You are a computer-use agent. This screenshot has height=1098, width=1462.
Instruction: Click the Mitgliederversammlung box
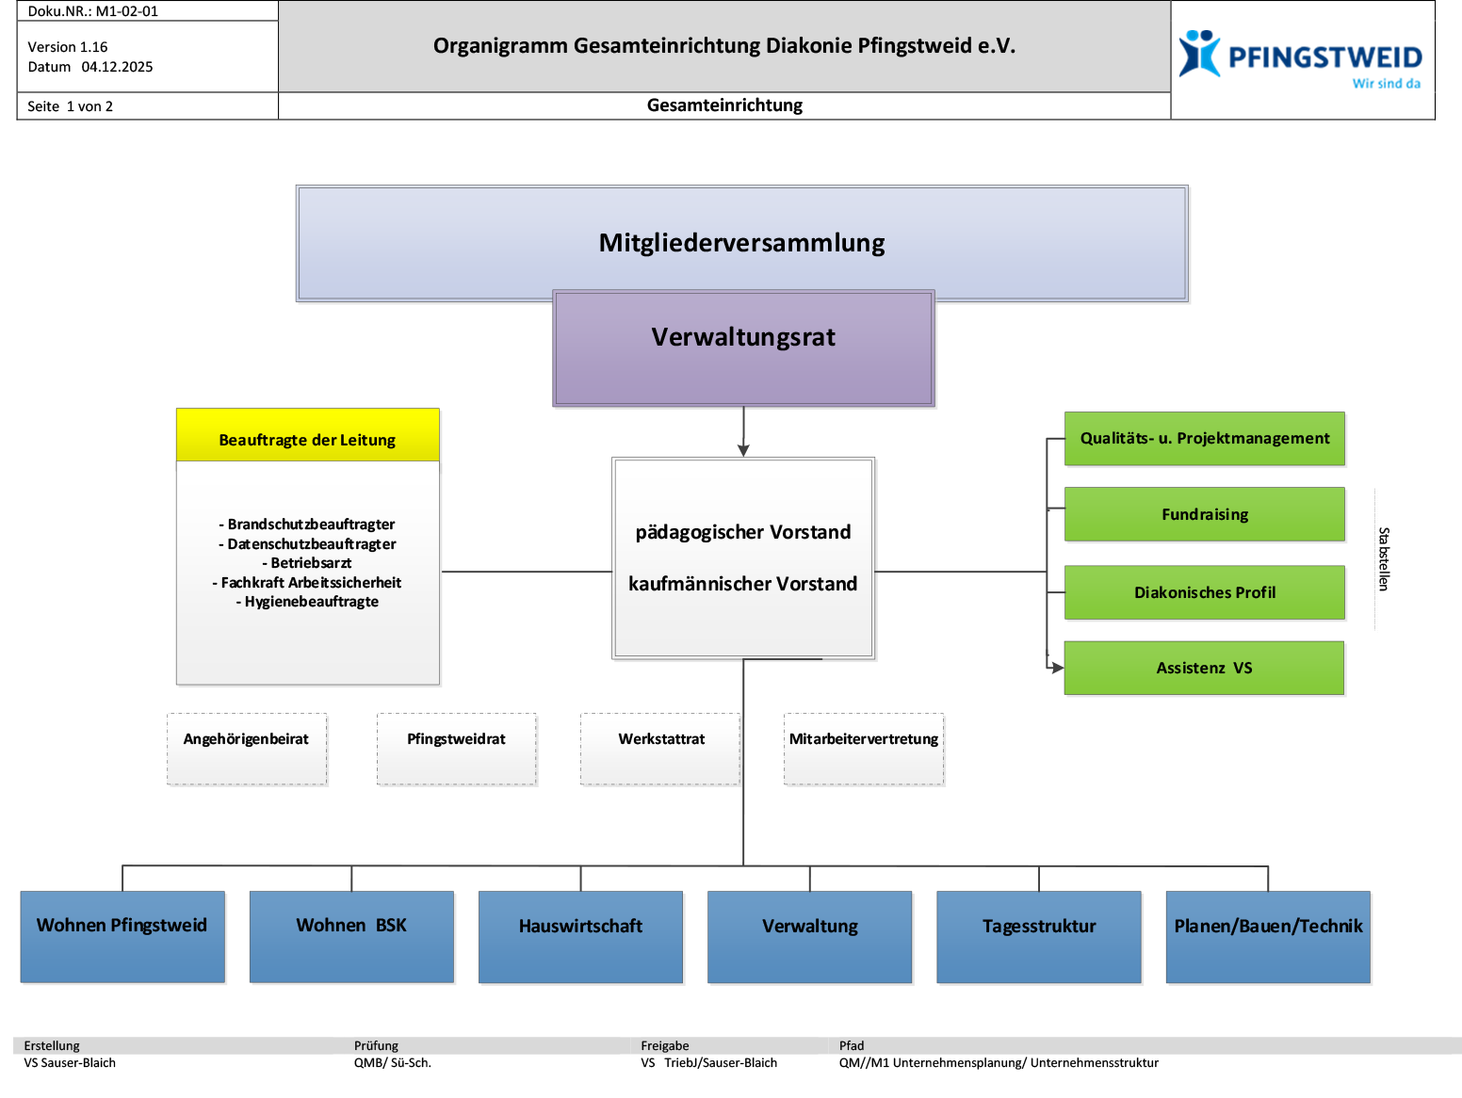coord(742,243)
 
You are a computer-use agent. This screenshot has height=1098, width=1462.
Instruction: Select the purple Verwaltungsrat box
coord(743,348)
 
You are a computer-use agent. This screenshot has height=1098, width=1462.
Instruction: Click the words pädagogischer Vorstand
coord(743,532)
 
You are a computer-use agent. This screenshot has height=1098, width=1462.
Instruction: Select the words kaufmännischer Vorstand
coord(743,584)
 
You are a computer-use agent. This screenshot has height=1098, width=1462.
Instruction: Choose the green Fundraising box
coord(1205,514)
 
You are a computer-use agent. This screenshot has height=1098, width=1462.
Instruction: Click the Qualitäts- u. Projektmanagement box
coord(1205,439)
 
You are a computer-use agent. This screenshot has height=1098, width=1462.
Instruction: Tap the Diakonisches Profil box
coord(1205,592)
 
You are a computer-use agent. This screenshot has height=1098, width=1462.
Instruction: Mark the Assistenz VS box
coord(1205,669)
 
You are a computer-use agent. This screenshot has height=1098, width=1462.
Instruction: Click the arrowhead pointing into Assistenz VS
coord(1057,667)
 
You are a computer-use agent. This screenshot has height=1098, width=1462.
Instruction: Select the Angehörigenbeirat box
coord(247,749)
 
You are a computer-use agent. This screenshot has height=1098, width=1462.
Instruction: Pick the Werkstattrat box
coord(661,749)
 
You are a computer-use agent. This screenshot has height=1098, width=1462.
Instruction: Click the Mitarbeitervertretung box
coord(864,749)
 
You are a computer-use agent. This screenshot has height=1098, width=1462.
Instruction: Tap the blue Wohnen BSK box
coord(351,937)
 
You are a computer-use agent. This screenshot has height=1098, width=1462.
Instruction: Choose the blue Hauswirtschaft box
coord(581,937)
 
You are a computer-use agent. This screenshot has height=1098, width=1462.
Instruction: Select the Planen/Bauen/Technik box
coord(1268,937)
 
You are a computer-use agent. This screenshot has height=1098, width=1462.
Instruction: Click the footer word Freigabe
coord(665,1046)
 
